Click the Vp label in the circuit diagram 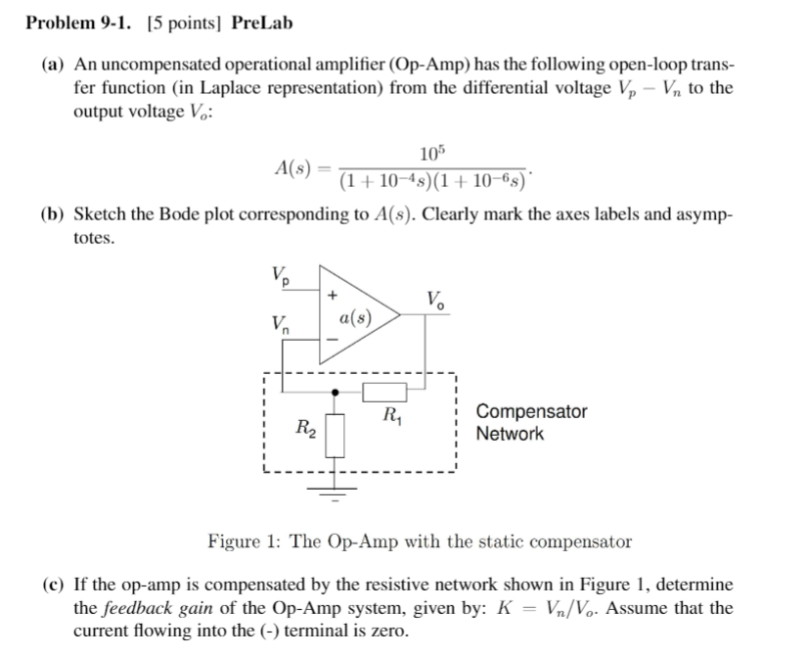tap(281, 275)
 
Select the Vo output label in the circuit tap(436, 301)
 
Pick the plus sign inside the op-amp tap(334, 292)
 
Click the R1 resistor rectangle tap(384, 393)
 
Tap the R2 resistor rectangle tap(336, 433)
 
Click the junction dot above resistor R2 tap(336, 393)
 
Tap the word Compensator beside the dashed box tap(531, 411)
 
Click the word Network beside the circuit tap(510, 434)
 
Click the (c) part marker tap(53, 585)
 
